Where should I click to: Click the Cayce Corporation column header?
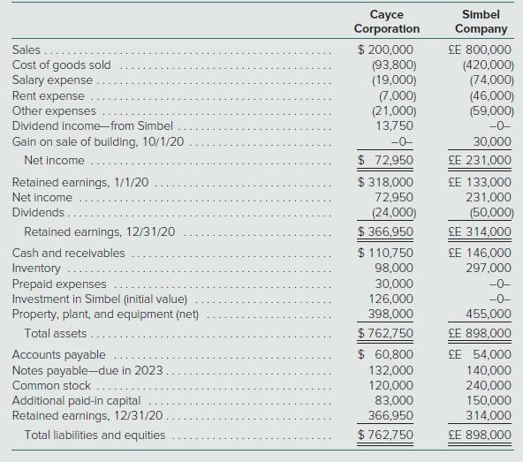(x=386, y=21)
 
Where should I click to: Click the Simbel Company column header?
(x=481, y=21)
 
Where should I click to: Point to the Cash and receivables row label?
(x=68, y=253)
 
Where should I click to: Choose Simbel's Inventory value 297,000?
(x=489, y=268)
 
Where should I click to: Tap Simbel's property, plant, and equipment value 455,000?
(x=489, y=314)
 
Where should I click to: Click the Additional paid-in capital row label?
(x=76, y=400)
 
